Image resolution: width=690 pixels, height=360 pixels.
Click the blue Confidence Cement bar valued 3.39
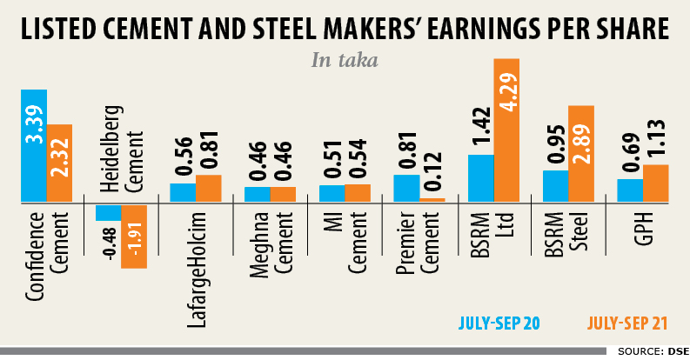click(34, 145)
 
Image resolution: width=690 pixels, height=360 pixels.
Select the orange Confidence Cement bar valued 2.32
click(59, 163)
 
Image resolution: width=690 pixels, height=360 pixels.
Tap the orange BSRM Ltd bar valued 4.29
click(506, 130)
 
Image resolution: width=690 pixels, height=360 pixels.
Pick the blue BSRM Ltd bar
click(480, 178)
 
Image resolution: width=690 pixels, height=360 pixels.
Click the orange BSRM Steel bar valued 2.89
click(581, 154)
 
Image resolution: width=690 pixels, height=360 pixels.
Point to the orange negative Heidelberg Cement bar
click(134, 236)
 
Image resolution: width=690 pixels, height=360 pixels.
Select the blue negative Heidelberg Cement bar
click(108, 211)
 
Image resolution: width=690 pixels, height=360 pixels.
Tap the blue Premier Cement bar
click(406, 188)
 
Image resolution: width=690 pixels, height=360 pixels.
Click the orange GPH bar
click(655, 183)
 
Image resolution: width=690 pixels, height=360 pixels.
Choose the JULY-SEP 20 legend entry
click(499, 323)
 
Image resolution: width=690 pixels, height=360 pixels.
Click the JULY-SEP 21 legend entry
click(627, 323)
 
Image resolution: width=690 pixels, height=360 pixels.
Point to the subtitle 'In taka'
click(345, 60)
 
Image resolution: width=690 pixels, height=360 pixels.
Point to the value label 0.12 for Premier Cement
click(432, 172)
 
